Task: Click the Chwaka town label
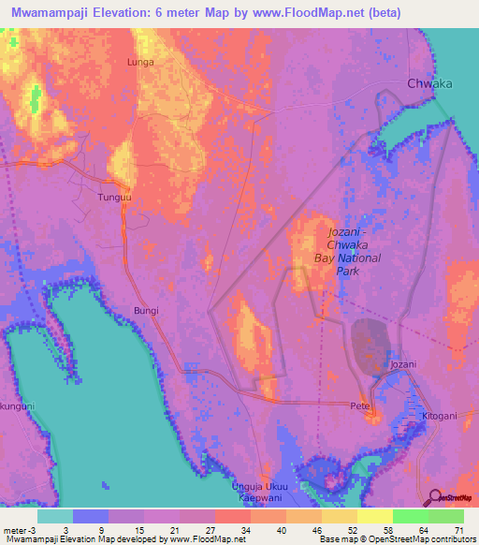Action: point(429,83)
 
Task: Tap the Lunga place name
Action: point(139,62)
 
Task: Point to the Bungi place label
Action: point(146,309)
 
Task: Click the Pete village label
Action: point(360,407)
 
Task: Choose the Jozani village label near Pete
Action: point(403,363)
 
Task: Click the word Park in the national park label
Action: point(348,272)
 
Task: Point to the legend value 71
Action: point(458,532)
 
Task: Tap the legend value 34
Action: point(233,532)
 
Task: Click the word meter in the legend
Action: point(15,532)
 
